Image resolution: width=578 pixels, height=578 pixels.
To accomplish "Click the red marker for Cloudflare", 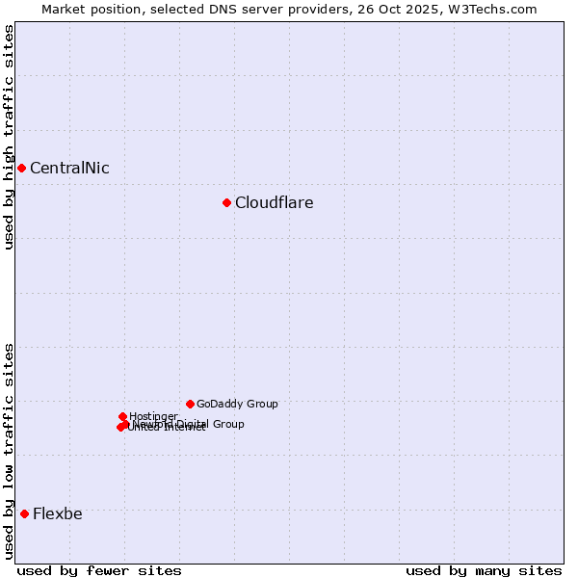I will pos(226,202).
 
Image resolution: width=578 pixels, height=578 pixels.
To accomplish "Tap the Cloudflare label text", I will pos(275,202).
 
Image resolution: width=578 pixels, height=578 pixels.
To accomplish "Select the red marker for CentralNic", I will pos(21,168).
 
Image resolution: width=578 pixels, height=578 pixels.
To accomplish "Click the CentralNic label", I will pos(69,168).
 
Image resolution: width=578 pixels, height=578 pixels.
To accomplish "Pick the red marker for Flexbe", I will pos(24,513).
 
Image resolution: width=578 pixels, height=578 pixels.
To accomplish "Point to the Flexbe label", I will pos(58,513).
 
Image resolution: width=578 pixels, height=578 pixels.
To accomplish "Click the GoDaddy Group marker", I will pos(190,404).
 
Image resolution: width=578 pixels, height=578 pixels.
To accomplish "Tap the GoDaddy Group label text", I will pos(237,404).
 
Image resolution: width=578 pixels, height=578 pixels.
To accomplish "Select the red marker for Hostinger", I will pos(122,416).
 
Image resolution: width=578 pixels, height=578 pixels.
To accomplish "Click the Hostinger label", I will pos(153,416).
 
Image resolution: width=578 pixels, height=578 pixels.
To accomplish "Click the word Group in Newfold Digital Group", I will pos(228,424).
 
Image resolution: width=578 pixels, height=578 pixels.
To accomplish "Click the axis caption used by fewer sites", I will pos(99,570).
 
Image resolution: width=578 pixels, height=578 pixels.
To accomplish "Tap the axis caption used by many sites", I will pos(484,570).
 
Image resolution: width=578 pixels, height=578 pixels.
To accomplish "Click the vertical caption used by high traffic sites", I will pos(9,137).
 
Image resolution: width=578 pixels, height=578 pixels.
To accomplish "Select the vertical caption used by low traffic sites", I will pos(9,451).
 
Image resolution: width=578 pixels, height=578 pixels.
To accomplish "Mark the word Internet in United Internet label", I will pos(186,428).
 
